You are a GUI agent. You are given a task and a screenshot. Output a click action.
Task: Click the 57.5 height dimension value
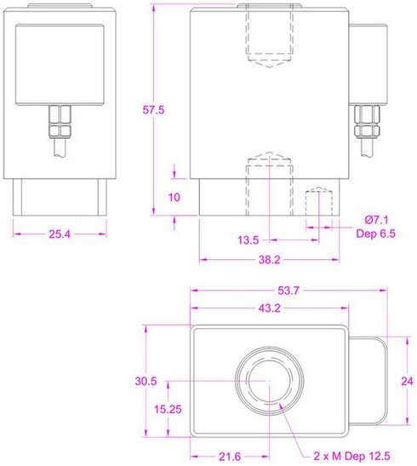153,110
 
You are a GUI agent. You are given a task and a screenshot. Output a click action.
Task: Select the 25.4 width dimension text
60,234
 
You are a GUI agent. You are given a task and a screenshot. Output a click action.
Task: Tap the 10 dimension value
174,197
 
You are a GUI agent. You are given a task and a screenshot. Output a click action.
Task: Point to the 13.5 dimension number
248,240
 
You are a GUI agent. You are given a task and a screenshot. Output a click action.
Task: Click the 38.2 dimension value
270,260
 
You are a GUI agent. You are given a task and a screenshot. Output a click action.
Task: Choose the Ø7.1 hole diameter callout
376,220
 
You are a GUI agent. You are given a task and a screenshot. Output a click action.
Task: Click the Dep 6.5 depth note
376,233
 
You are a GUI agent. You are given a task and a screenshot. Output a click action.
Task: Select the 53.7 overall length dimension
288,291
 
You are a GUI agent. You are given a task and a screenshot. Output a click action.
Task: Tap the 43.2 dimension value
270,308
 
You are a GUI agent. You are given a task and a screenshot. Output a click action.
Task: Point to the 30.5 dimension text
146,381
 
